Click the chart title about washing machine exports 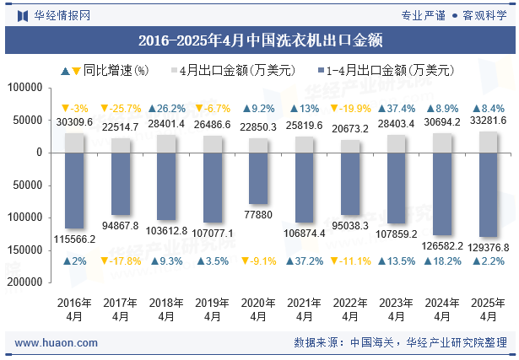[259, 40]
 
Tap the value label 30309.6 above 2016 [74, 122]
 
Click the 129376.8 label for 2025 [488, 247]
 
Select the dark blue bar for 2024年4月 [442, 194]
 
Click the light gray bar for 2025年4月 [488, 142]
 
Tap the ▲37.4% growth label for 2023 [396, 109]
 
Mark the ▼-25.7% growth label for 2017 [121, 109]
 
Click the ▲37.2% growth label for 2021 [305, 261]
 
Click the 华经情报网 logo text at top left [52, 14]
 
